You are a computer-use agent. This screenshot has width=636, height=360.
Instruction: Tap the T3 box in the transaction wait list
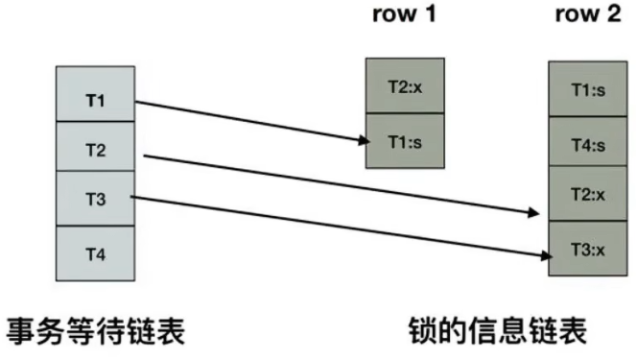pyautogui.click(x=95, y=200)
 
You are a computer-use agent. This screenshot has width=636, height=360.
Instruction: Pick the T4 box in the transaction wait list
pyautogui.click(x=95, y=252)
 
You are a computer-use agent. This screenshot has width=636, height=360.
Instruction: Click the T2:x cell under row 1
pyautogui.click(x=405, y=86)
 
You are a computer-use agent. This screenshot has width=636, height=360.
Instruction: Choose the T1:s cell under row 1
pyautogui.click(x=405, y=141)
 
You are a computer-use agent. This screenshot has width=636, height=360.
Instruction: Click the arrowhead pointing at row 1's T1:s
pyautogui.click(x=362, y=141)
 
